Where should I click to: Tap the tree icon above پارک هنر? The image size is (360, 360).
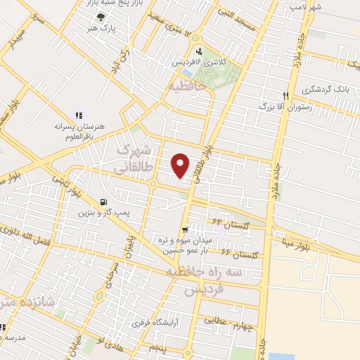pyautogui.click(x=103, y=17)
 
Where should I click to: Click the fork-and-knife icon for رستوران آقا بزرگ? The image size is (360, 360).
pyautogui.click(x=285, y=96)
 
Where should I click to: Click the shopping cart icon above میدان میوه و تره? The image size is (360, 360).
pyautogui.click(x=185, y=229)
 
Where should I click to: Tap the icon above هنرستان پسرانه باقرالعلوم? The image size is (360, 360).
pyautogui.click(x=79, y=115)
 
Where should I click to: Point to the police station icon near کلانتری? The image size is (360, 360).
pyautogui.click(x=199, y=51)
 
